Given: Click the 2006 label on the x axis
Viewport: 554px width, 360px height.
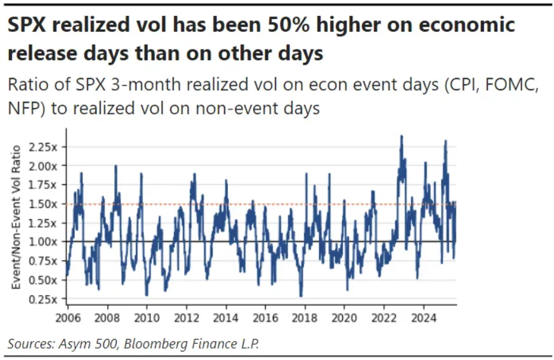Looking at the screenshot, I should pos(67,316).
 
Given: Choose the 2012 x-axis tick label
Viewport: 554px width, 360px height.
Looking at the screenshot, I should pos(186,316).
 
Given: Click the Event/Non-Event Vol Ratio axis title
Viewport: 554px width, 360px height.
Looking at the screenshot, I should pos(17,217).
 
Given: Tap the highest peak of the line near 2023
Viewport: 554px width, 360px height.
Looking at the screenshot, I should pos(401,136).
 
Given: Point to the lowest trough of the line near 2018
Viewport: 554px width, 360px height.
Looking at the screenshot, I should pos(301,296).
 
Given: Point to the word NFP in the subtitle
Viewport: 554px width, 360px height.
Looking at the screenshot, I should pos(22,109).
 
